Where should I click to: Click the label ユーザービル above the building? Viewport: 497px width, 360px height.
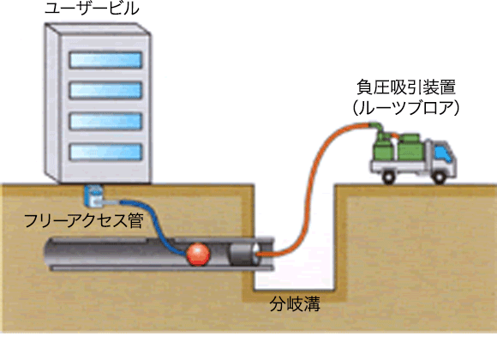pos(92,8)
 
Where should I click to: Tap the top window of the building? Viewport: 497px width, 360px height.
pos(105,60)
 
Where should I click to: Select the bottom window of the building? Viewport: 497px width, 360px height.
pos(105,152)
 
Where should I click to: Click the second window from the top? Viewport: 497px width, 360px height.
pos(105,90)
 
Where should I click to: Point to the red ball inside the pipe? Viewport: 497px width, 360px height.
pos(198,254)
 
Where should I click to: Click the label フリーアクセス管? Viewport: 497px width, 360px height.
pos(84,220)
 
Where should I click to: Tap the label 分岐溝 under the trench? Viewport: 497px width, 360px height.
pos(295,303)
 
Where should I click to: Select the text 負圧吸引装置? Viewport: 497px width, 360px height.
pos(406,87)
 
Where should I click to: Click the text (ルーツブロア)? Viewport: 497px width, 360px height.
pos(406,108)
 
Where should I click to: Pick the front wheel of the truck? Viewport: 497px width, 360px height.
pos(439,177)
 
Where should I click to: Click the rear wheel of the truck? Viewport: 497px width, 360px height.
pos(389,177)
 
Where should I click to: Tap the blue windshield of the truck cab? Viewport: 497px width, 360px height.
pos(442,153)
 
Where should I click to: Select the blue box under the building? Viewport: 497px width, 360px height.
pos(93,195)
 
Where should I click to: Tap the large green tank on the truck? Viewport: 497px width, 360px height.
pos(410,147)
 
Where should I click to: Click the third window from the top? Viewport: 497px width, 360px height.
pos(105,121)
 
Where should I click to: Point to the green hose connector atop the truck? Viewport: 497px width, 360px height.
pos(377,127)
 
